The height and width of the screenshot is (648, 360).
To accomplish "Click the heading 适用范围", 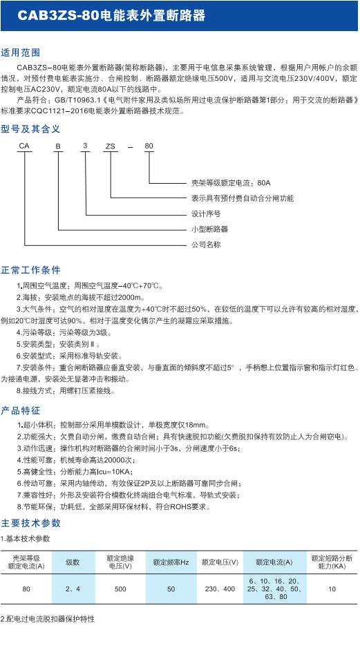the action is [21, 53].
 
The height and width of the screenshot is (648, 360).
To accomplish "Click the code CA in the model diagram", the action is [26, 146].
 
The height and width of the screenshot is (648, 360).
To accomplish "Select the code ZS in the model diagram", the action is [111, 146].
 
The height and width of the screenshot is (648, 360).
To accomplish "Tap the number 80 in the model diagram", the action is [149, 146].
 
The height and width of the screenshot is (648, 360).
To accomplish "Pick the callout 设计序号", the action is [205, 213].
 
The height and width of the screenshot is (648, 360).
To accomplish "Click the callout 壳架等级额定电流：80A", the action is [231, 183].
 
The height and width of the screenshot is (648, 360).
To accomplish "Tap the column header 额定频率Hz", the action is [171, 562].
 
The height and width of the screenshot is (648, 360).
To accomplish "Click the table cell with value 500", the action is [120, 590].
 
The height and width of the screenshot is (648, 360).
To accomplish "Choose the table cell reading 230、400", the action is [220, 590].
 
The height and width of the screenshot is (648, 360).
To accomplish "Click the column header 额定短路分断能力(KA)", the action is [332, 562].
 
